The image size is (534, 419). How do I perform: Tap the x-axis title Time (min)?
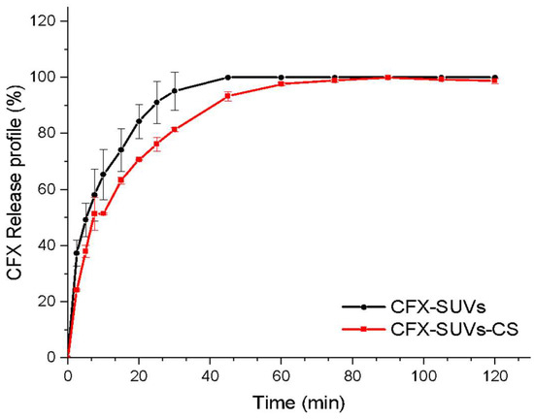[292, 401]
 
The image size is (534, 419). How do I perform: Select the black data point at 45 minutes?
[227, 77]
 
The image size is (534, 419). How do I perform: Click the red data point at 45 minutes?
[227, 96]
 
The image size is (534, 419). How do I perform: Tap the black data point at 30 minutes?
[175, 91]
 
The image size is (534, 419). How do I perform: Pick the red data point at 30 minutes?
[175, 129]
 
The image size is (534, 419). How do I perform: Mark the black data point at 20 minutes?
[139, 121]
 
